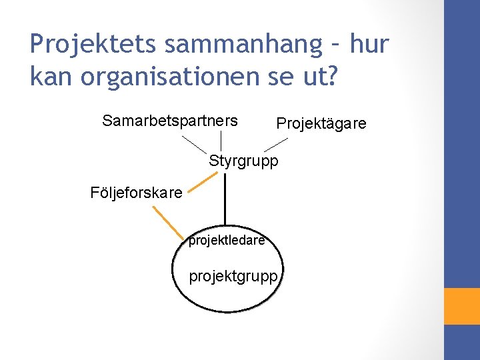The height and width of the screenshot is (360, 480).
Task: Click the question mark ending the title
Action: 333,77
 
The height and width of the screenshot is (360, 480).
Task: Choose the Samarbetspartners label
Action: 170,121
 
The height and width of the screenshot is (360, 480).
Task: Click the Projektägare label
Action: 321,124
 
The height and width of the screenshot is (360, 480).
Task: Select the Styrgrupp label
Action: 243,161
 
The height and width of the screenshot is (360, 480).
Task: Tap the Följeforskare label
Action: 136,193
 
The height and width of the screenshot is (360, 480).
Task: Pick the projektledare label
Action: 227,241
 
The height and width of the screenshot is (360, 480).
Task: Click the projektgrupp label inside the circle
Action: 233,276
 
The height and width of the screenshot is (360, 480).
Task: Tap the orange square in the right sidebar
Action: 462,306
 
